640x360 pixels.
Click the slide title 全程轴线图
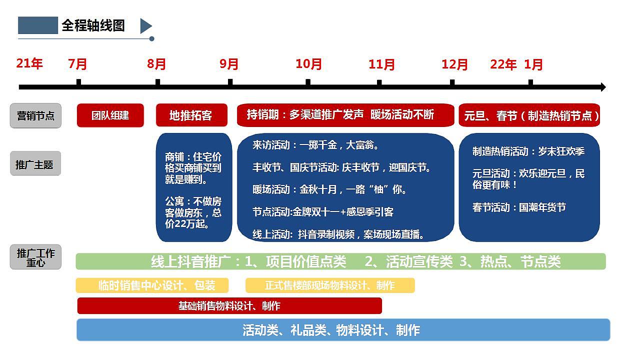93,25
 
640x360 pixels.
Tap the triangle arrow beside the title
145,26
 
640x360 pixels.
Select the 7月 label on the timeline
77,64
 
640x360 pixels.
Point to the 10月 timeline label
308,64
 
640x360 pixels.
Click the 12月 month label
454,64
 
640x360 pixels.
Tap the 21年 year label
29,63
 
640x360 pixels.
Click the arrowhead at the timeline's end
602,87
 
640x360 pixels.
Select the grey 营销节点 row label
35,116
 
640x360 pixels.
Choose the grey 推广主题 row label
35,163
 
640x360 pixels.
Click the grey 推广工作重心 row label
35,257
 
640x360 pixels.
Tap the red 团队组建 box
110,115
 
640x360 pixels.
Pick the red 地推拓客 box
191,115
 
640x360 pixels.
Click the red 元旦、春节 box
529,115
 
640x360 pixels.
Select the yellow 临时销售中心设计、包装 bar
152,285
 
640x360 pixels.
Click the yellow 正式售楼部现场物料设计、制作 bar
330,285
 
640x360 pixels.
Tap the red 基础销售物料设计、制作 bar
229,306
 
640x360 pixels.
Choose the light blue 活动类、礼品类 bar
343,330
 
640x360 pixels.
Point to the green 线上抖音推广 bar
340,261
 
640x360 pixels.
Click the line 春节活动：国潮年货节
519,207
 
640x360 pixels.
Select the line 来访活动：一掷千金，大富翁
316,145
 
